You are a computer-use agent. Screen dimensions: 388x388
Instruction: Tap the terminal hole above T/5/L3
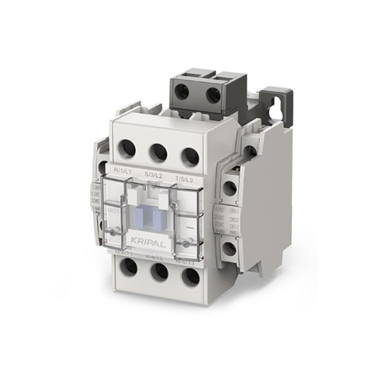click(x=189, y=155)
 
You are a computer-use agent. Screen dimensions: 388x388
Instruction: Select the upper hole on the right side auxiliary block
click(x=230, y=187)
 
